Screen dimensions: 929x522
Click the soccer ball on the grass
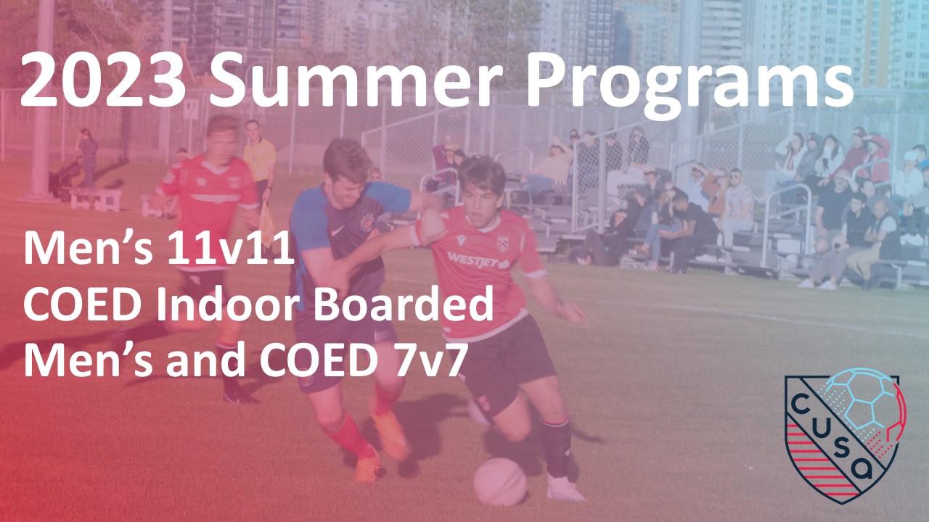point(500,481)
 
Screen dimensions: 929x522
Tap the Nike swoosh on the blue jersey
point(338,230)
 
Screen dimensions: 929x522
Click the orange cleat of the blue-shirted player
point(389,435)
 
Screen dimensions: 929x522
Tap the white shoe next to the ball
point(565,489)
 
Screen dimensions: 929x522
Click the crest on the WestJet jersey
point(502,243)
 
